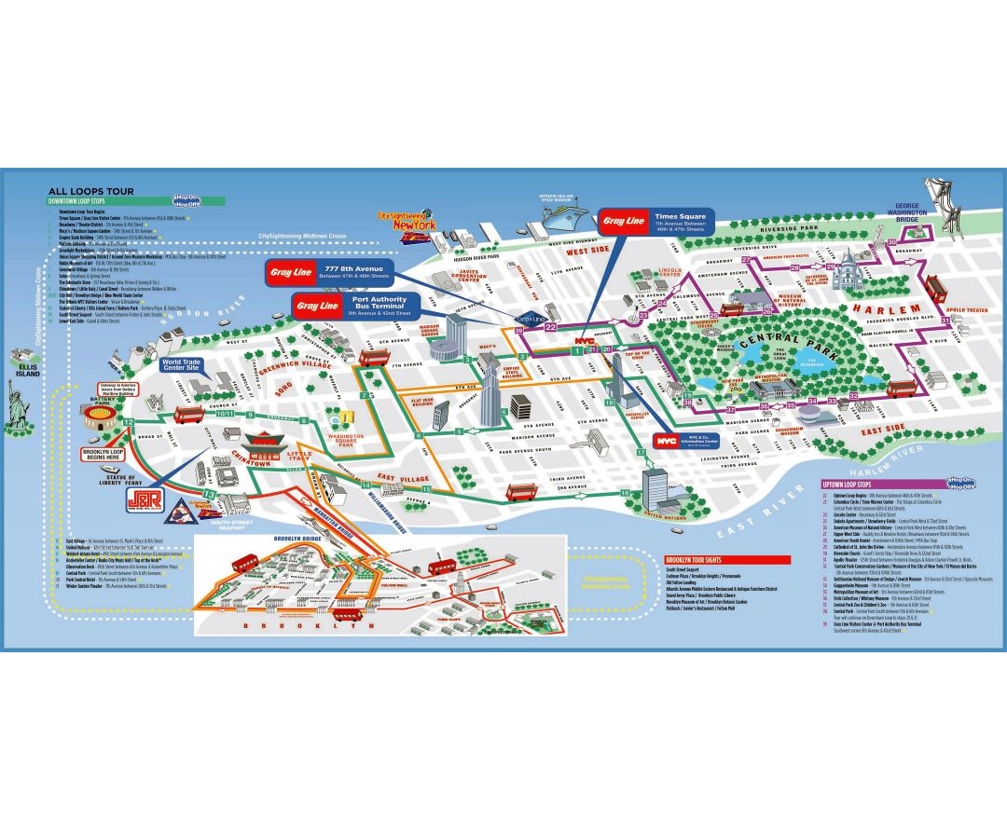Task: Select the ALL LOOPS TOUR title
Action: [x=90, y=190]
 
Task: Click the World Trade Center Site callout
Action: [x=183, y=364]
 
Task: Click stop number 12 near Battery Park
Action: [x=128, y=423]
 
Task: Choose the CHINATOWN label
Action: [x=251, y=462]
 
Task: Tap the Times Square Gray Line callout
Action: [x=655, y=221]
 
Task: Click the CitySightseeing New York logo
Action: [x=409, y=225]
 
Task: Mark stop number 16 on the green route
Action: [x=625, y=493]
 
